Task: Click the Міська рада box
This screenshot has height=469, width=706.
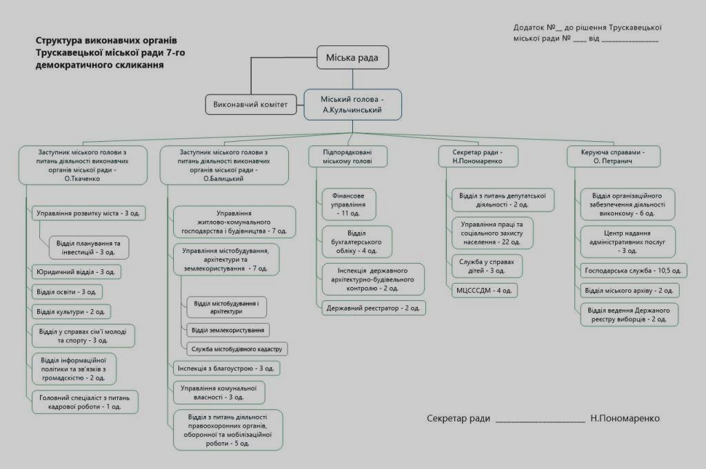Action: (352, 58)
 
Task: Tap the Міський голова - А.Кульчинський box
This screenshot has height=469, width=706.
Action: (352, 105)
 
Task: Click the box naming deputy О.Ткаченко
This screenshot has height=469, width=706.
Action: (82, 165)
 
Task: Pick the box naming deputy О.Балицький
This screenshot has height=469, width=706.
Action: (224, 165)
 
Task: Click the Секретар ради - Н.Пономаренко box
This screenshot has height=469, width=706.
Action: (477, 156)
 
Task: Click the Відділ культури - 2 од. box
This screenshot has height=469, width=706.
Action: (72, 312)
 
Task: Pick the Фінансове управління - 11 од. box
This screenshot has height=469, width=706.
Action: (350, 203)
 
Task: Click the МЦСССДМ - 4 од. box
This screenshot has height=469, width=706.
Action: (484, 291)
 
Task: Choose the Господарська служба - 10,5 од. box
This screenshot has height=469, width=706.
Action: (633, 271)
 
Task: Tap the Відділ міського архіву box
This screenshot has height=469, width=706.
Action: (628, 291)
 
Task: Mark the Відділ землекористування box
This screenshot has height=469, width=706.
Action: (228, 330)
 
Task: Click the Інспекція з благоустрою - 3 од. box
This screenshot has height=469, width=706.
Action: (227, 368)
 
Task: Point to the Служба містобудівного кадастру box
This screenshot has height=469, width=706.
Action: (236, 349)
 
